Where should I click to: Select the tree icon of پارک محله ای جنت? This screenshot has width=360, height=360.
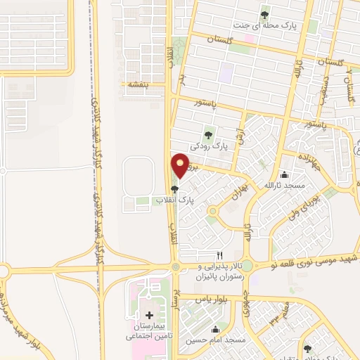(264, 15)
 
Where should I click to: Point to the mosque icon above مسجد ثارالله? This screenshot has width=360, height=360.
(284, 174)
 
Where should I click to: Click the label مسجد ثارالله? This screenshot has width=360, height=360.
(282, 185)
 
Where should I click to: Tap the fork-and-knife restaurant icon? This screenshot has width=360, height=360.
(220, 255)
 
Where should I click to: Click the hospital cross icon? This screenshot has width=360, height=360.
(148, 314)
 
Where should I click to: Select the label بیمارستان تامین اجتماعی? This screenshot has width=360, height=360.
(148, 332)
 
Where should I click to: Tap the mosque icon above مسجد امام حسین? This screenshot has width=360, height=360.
(216, 329)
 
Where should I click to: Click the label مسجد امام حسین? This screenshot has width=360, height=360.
(216, 340)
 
